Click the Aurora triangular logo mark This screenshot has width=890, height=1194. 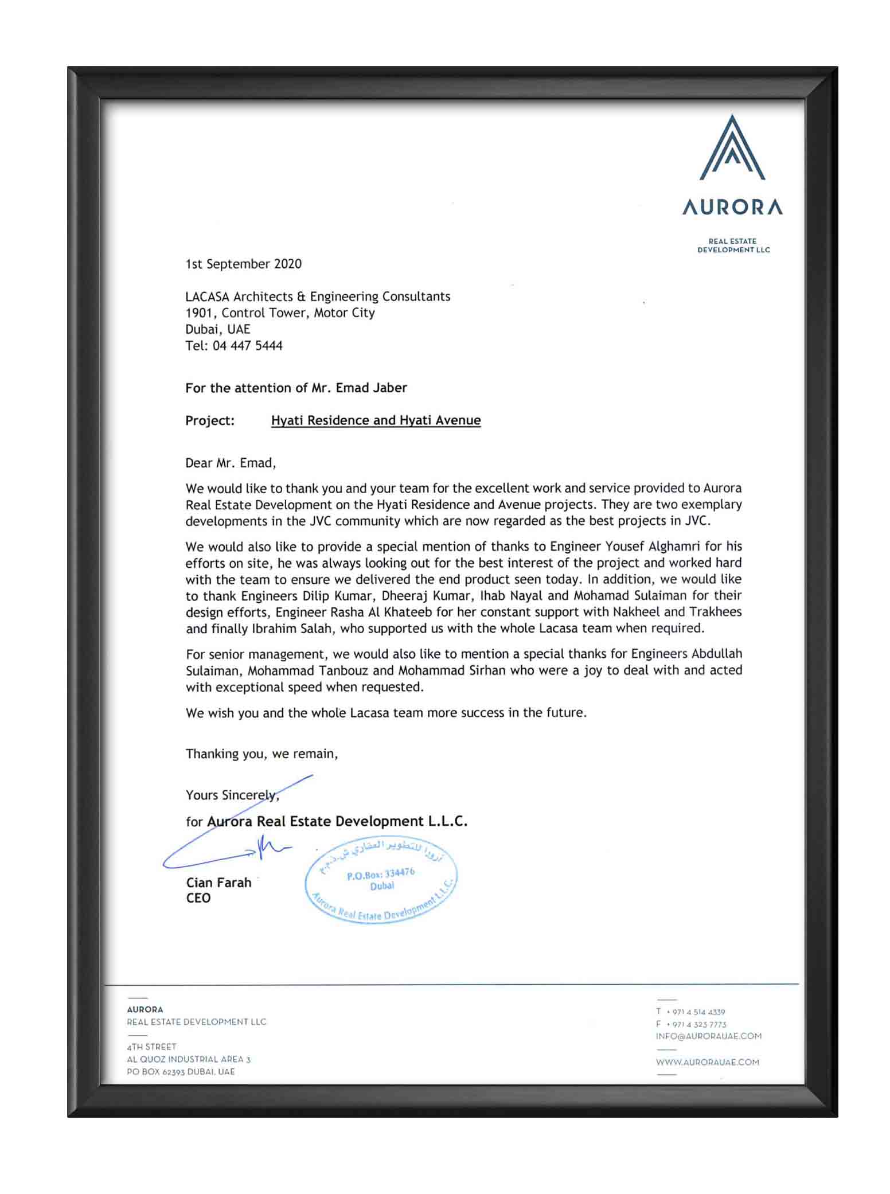(x=732, y=148)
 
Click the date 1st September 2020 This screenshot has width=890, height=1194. (x=243, y=264)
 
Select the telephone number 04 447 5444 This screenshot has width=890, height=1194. (x=247, y=346)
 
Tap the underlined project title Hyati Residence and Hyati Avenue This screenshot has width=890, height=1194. (x=376, y=420)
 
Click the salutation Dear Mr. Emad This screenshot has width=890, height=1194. (x=231, y=463)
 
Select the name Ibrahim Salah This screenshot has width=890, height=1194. (x=292, y=629)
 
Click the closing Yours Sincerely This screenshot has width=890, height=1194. (x=232, y=795)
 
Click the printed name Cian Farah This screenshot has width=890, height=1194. (x=218, y=883)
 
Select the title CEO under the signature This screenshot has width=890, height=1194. (x=198, y=898)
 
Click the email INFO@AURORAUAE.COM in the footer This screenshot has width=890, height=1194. (x=708, y=1036)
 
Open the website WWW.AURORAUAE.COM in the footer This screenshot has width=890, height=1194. (x=707, y=1062)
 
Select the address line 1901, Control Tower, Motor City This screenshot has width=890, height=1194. (x=280, y=313)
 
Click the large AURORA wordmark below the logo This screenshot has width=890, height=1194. (x=732, y=207)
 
